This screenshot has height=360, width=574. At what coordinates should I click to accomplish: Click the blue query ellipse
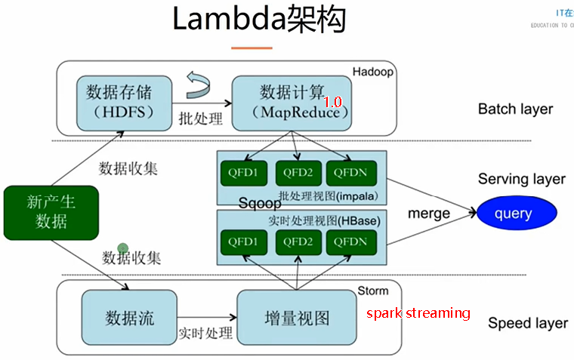(x=514, y=214)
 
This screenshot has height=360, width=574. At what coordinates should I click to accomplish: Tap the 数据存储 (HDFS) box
(x=119, y=102)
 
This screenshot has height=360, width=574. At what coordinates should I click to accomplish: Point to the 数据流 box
(x=129, y=317)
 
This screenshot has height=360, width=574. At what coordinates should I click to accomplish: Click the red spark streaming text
(x=418, y=312)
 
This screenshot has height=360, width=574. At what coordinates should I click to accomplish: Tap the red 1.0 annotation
(x=332, y=101)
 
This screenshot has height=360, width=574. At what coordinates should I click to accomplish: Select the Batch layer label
(x=515, y=109)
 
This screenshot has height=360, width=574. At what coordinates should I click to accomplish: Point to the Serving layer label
(x=521, y=179)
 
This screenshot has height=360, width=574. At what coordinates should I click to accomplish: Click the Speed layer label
(x=527, y=323)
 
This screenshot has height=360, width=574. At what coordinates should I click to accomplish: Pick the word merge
(x=429, y=213)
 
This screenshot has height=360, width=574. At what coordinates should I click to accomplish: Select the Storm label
(x=372, y=291)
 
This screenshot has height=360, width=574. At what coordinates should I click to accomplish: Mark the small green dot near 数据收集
(x=122, y=248)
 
